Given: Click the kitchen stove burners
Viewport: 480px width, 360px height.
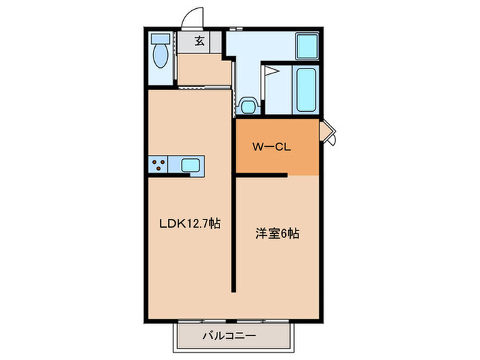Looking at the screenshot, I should pos(160,165).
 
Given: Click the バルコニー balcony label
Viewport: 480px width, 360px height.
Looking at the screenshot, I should pos(229,336).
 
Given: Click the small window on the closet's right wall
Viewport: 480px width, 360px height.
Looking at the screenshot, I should pos(327,132).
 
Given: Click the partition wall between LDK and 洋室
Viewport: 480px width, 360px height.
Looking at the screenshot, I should pos(233,233).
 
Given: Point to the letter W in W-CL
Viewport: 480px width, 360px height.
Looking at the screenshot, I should pos(254,146).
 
